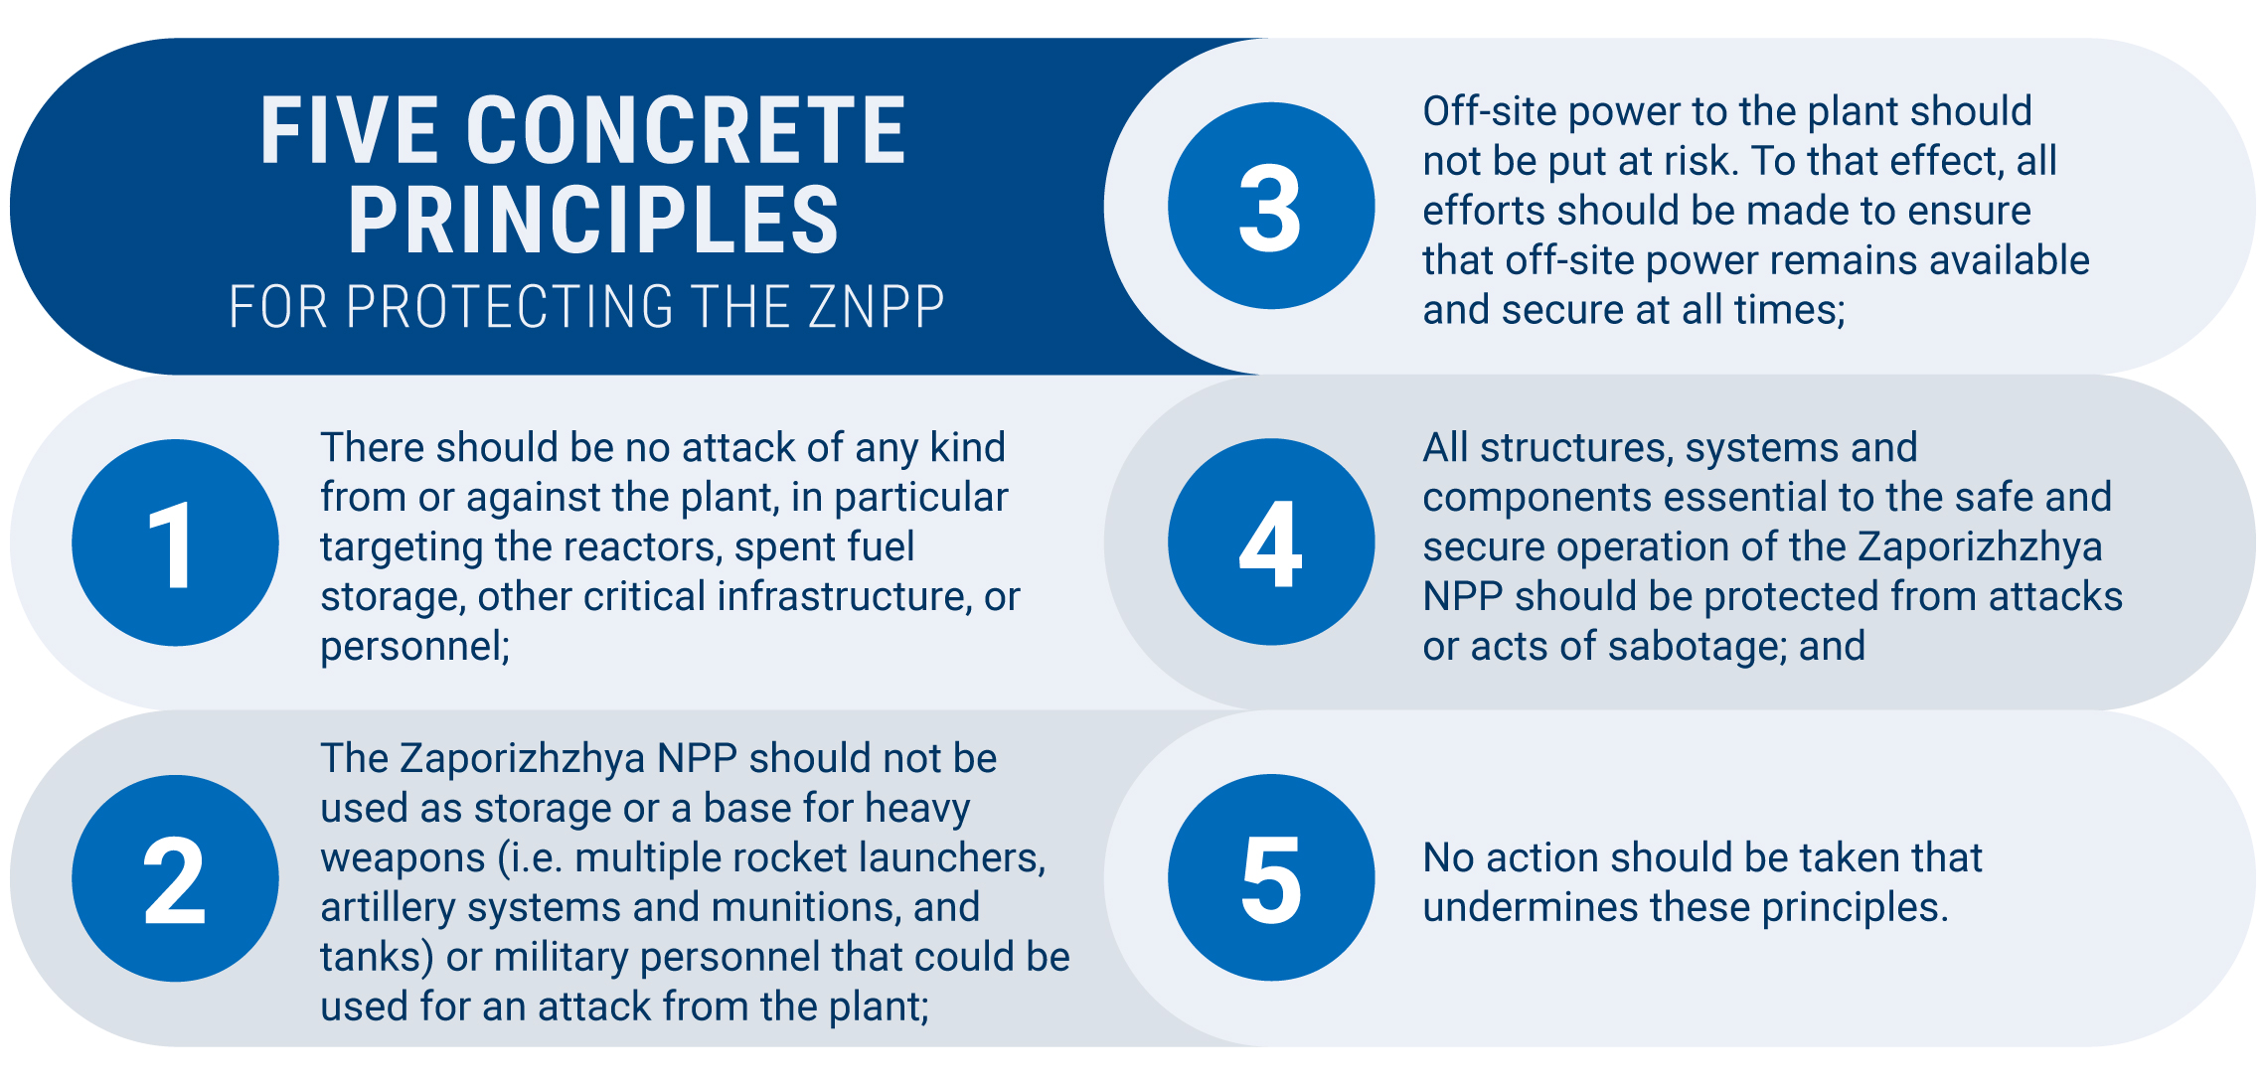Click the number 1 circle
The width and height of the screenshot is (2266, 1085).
tap(175, 542)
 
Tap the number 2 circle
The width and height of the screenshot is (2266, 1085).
tap(175, 878)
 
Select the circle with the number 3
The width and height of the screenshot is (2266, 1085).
tap(1271, 206)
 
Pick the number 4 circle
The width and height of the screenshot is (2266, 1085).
tap(1271, 542)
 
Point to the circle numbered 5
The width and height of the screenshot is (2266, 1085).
tap(1271, 877)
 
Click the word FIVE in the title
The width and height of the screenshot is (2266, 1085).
tap(349, 131)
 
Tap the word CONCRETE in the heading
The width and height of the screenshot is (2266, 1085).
tap(686, 131)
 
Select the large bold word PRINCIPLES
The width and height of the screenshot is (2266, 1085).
tap(593, 220)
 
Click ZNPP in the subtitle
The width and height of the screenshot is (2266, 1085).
tap(876, 307)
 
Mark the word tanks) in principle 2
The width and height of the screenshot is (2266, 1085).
tap(377, 958)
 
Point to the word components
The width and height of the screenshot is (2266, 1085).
tap(1527, 498)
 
